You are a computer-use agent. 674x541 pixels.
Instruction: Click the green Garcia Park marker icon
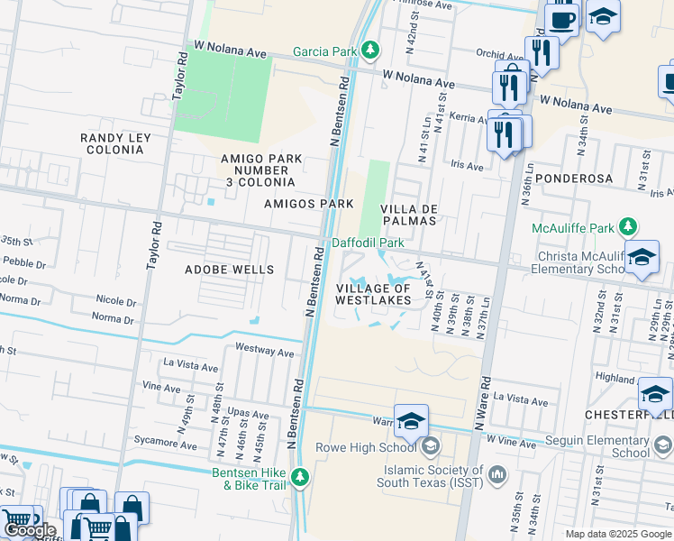pos(370,51)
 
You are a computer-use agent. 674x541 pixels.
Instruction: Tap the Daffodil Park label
pos(368,243)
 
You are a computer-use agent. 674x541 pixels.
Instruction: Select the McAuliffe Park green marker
pos(628,226)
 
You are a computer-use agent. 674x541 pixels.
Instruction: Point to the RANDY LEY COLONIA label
pos(115,145)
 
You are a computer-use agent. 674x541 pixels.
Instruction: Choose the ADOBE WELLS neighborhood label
pos(229,270)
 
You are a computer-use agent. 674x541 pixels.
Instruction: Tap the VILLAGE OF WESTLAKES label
pos(373,294)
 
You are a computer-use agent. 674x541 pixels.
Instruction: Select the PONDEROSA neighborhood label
pos(574,179)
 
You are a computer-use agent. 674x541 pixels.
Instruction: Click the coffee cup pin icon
pos(562,18)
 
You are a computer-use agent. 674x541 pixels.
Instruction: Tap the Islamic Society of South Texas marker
pos(496,472)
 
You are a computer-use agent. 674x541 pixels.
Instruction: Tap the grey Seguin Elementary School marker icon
pos(663,445)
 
